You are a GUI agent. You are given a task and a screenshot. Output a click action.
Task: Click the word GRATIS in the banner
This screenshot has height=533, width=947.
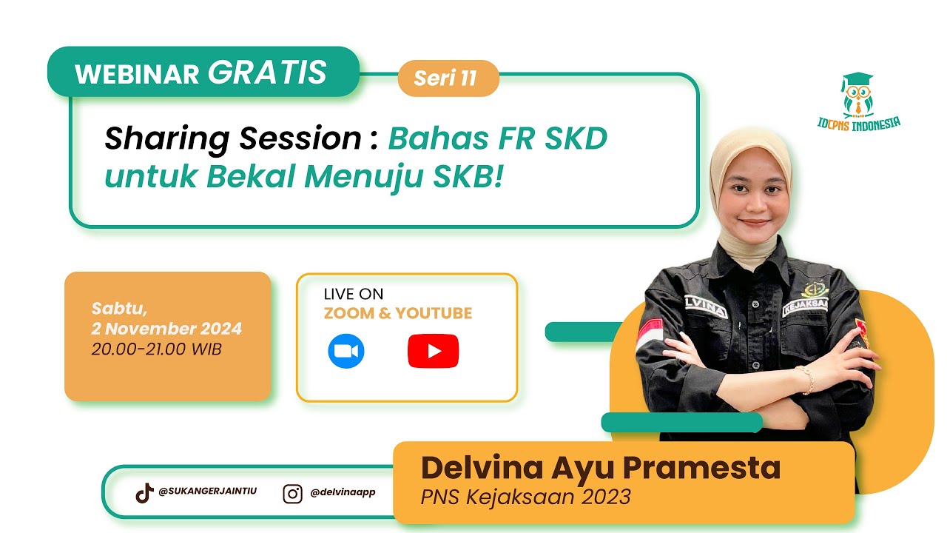pyautogui.click(x=267, y=73)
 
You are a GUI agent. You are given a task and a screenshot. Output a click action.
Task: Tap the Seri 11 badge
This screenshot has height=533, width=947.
pyautogui.click(x=446, y=78)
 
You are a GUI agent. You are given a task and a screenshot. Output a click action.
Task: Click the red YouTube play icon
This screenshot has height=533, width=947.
pyautogui.click(x=433, y=351)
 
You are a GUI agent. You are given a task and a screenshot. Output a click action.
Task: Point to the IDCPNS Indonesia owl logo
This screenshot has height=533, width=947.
pyautogui.click(x=857, y=95)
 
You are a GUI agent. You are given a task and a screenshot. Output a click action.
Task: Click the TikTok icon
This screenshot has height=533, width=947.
pyautogui.click(x=144, y=492)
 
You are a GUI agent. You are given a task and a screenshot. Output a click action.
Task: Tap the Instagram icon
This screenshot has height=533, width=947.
pyautogui.click(x=293, y=493)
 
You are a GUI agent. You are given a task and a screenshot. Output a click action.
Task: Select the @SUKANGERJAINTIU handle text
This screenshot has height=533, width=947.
pyautogui.click(x=208, y=491)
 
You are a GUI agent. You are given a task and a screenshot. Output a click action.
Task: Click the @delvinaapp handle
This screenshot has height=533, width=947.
pyautogui.click(x=343, y=492)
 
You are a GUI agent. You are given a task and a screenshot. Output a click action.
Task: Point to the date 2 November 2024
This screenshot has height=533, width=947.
pyautogui.click(x=167, y=329)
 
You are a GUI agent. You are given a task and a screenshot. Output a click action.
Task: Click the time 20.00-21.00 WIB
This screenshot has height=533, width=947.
pyautogui.click(x=157, y=349)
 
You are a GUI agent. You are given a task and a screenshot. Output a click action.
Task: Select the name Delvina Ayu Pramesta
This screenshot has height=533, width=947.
pyautogui.click(x=600, y=468)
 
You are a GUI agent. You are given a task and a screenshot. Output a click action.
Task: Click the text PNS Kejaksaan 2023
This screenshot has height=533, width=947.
pyautogui.click(x=525, y=496)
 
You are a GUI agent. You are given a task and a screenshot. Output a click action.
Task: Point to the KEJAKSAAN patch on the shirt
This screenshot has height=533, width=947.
pyautogui.click(x=805, y=304)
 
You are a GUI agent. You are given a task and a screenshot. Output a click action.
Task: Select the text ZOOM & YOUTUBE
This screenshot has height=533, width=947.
pyautogui.click(x=398, y=313)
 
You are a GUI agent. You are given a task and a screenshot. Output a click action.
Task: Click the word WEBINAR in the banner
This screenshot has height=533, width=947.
pyautogui.click(x=137, y=75)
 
